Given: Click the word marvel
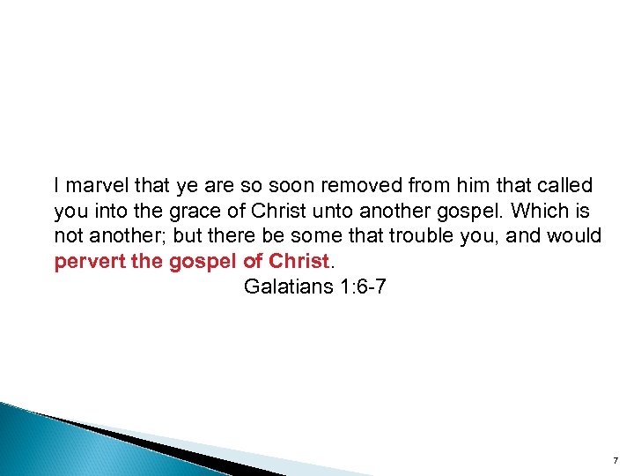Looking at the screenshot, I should pyautogui.click(x=94, y=186).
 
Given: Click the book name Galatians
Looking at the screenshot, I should pyautogui.click(x=282, y=286).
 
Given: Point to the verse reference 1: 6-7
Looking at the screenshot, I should pyautogui.click(x=357, y=286).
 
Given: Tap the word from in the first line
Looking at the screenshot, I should pyautogui.click(x=429, y=186).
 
